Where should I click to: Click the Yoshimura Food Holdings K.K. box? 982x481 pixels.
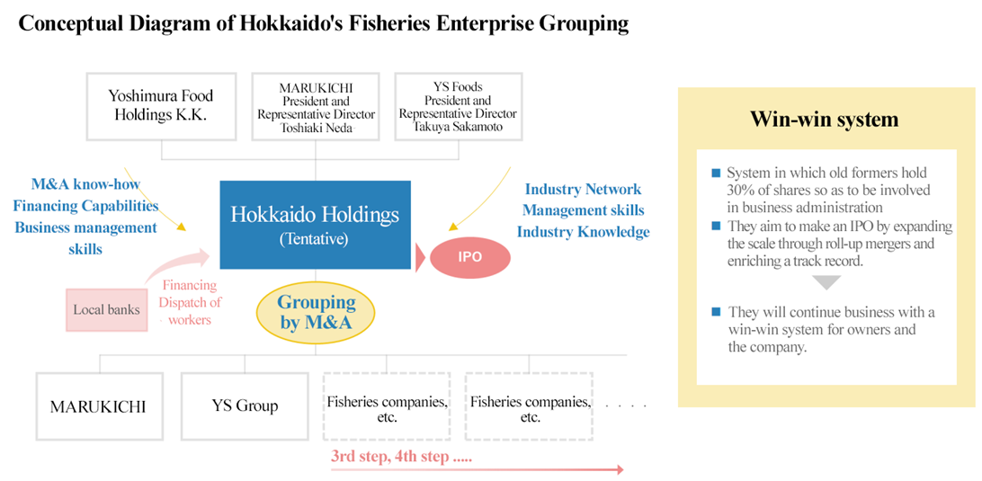coord(161,106)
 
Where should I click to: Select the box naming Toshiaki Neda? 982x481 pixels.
coord(315,106)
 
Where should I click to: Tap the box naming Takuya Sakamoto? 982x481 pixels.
coord(458,106)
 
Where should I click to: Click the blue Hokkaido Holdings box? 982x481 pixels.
coord(315,225)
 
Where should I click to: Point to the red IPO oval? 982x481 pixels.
coord(469,257)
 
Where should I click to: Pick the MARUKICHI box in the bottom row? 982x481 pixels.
coord(100,405)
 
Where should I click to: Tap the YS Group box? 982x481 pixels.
coord(245,405)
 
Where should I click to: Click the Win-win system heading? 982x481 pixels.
coord(825,119)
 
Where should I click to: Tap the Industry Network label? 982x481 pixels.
coord(583,189)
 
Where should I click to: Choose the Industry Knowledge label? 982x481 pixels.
coord(583,232)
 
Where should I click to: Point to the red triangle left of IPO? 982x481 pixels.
coord(420,257)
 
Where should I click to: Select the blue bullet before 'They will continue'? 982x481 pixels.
coord(716,312)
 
